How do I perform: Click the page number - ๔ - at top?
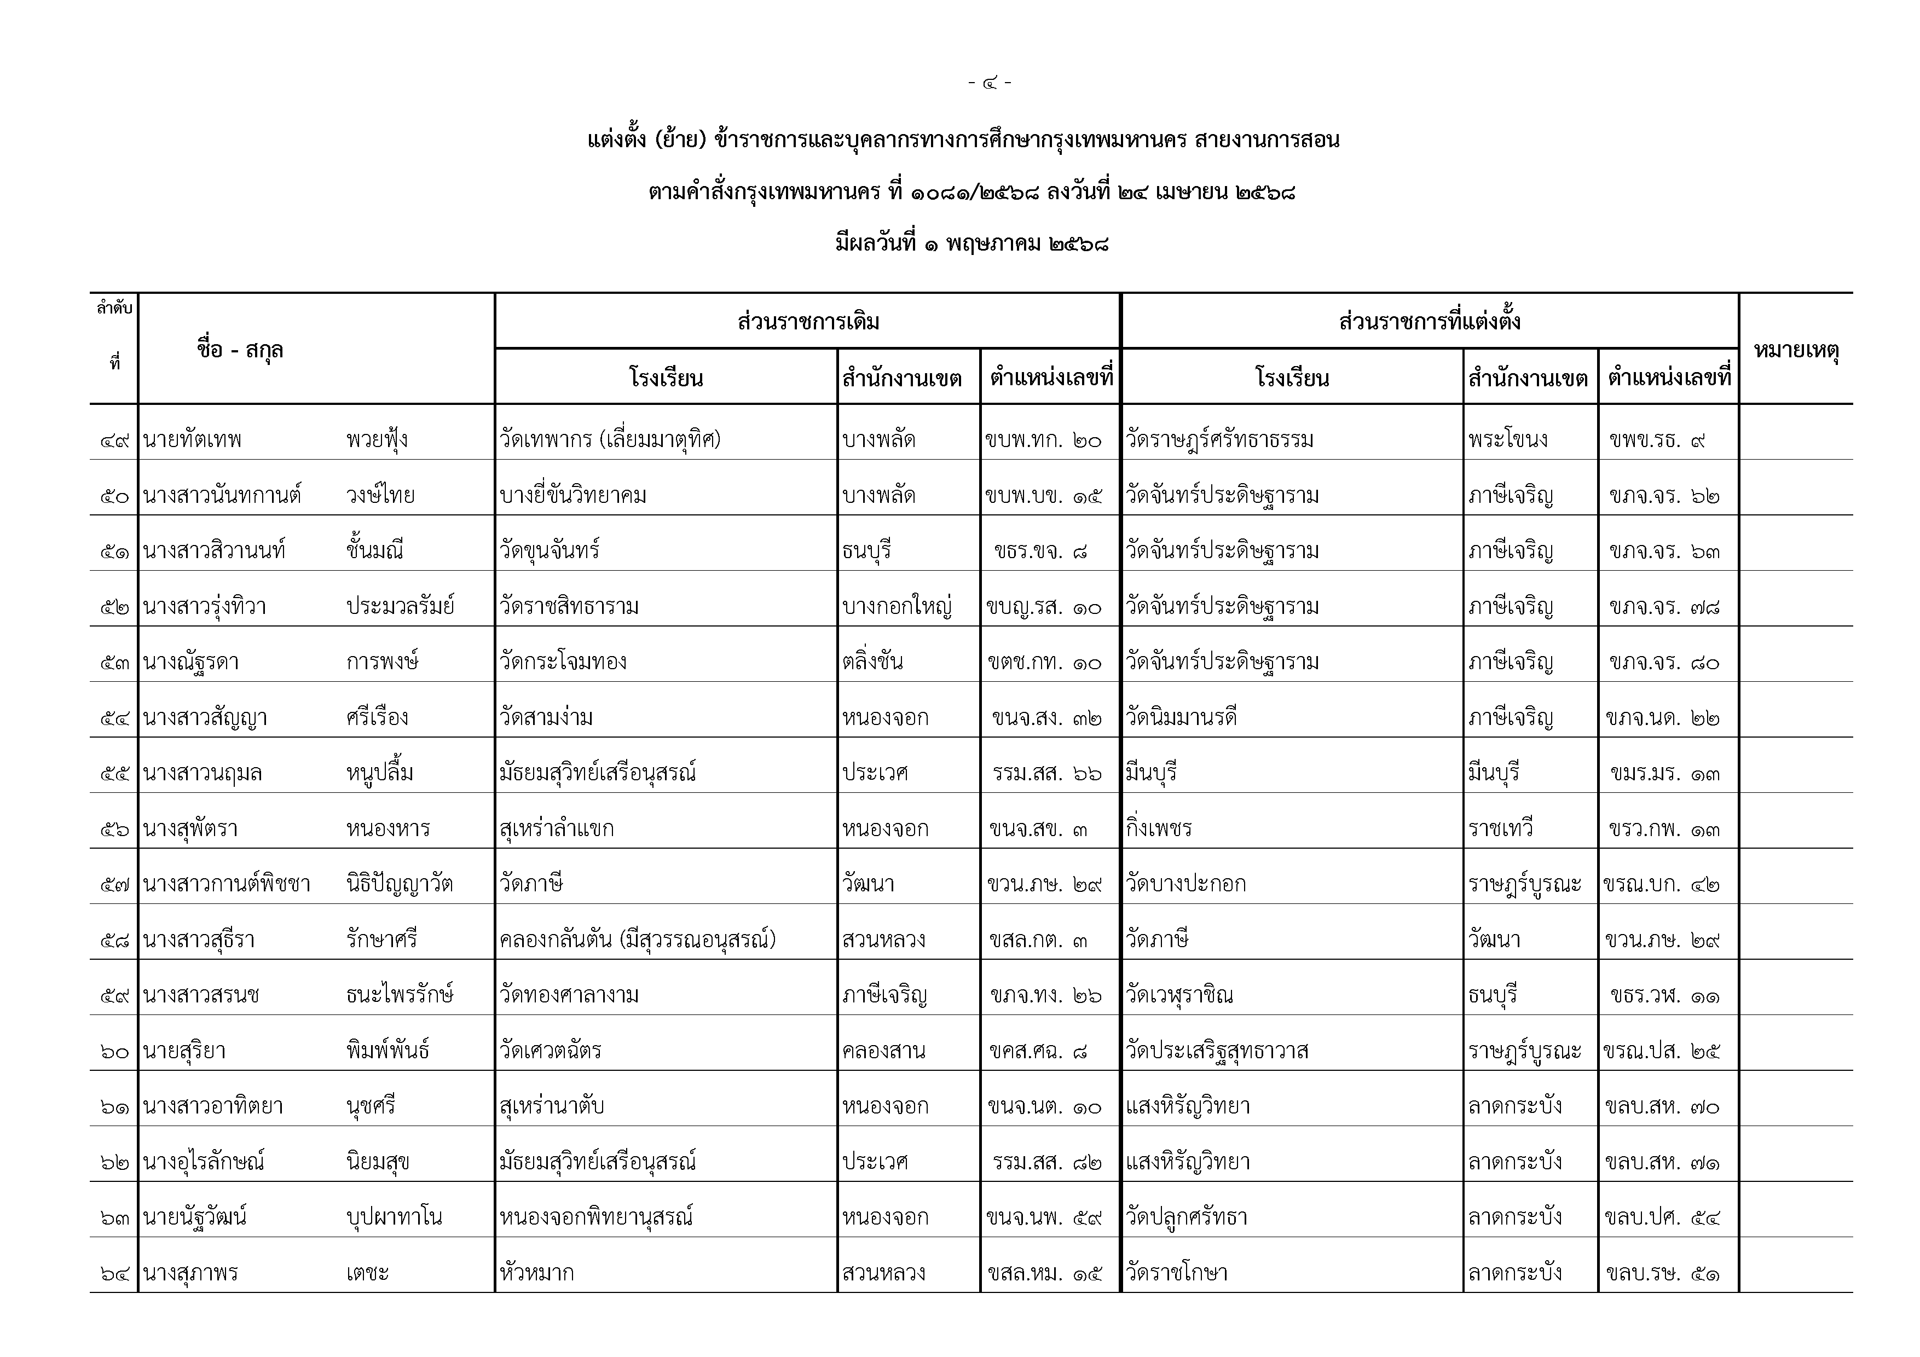(989, 83)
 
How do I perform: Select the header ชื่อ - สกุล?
(240, 350)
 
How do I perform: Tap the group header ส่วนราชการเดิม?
(808, 322)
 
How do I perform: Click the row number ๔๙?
(114, 440)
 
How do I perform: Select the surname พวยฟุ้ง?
(377, 440)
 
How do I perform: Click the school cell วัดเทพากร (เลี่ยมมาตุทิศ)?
(610, 440)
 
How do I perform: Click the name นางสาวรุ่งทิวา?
(205, 607)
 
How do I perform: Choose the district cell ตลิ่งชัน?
(872, 662)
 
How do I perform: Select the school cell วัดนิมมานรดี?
(1181, 717)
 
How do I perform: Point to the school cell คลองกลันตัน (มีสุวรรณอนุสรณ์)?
(637, 940)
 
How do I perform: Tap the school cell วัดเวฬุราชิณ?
(1179, 995)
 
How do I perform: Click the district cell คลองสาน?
(884, 1051)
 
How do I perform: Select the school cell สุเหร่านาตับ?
(551, 1106)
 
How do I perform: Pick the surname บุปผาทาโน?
(394, 1217)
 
